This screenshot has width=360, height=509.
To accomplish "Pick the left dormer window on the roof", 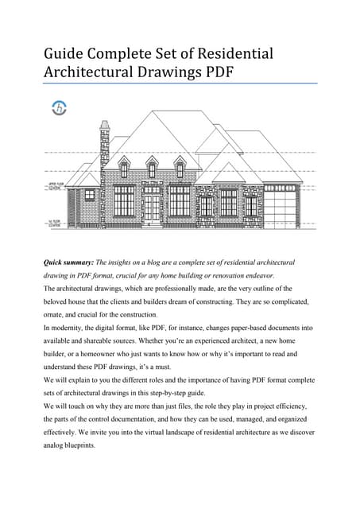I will pyautogui.click(x=124, y=169).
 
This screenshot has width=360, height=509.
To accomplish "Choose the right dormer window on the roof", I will pyautogui.click(x=180, y=169).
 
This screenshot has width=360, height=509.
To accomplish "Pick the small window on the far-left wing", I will pyautogui.click(x=89, y=194).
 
